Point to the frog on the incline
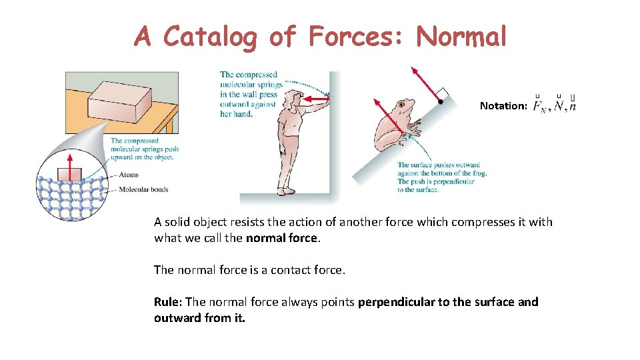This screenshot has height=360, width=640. click(x=395, y=127)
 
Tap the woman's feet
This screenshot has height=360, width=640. click(x=287, y=191)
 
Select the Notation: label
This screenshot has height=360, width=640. click(x=503, y=106)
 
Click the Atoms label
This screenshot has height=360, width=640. click(x=129, y=175)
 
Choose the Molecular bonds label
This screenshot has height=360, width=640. click(x=143, y=189)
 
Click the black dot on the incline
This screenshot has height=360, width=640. click(x=440, y=102)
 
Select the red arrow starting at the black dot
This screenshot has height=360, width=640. click(x=425, y=83)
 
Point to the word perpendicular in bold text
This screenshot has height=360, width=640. click(x=396, y=302)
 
